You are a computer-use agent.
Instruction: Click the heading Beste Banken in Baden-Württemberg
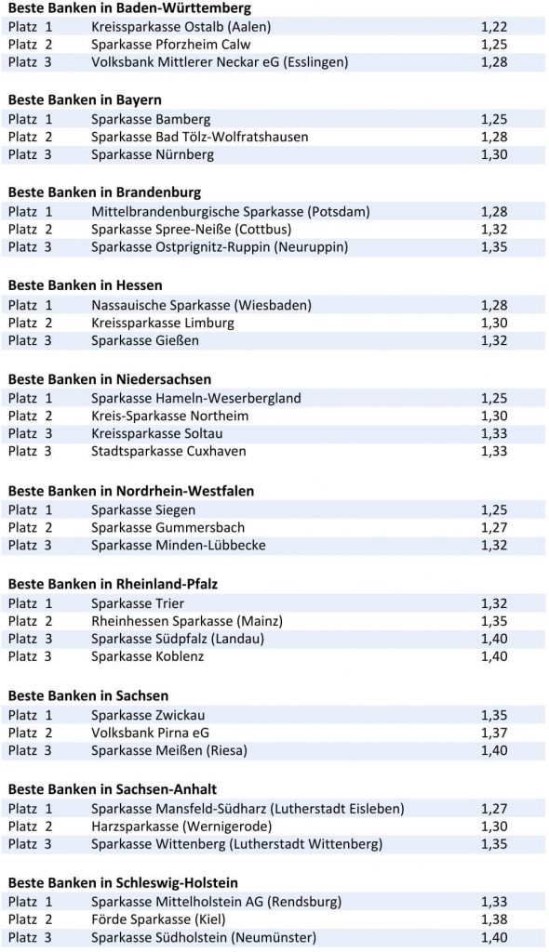(129, 7)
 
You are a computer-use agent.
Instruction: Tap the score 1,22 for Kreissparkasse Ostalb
(494, 27)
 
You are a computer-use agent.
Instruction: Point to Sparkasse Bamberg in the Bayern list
(151, 119)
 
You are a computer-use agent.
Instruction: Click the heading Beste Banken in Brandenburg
(104, 192)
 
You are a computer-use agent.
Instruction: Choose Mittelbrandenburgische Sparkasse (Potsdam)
(230, 212)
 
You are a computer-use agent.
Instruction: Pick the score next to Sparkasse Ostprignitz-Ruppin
(494, 247)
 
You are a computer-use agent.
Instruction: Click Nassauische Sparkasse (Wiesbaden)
(201, 305)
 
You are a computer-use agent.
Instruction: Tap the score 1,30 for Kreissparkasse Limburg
(494, 323)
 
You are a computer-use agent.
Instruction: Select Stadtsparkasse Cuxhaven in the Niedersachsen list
(168, 451)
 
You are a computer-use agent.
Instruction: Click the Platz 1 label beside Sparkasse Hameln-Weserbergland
(31, 398)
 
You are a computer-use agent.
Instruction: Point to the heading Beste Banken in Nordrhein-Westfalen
(131, 491)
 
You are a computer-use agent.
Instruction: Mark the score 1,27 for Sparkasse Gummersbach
(494, 527)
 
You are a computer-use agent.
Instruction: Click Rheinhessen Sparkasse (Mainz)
(187, 621)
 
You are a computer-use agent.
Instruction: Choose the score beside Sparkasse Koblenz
(494, 656)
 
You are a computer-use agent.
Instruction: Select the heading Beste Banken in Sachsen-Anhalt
(113, 789)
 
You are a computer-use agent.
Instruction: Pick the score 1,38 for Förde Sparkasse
(494, 919)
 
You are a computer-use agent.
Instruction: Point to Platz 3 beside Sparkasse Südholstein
(31, 937)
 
